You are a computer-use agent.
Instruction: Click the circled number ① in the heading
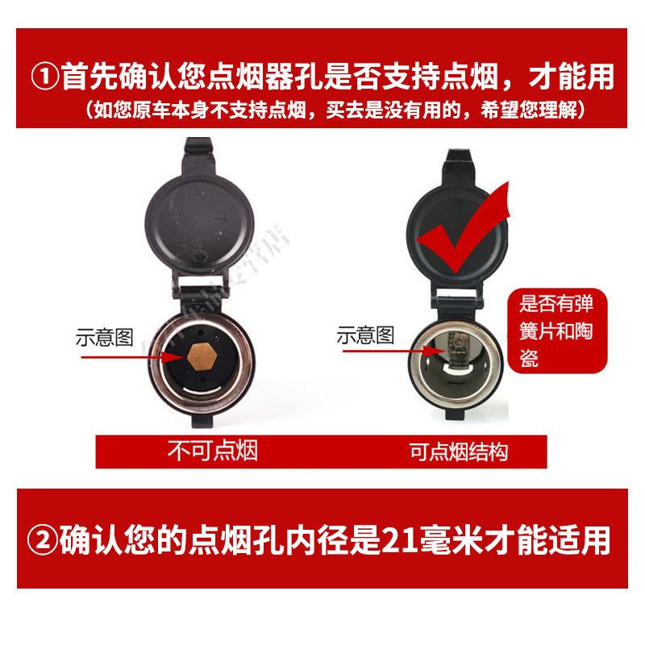pos(44,77)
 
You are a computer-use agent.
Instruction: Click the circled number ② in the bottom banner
pos(44,540)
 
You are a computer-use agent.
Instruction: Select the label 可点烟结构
pos(459,451)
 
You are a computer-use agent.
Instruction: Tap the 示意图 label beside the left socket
pos(104,337)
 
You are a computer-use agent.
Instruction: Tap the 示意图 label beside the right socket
pos(365,335)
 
